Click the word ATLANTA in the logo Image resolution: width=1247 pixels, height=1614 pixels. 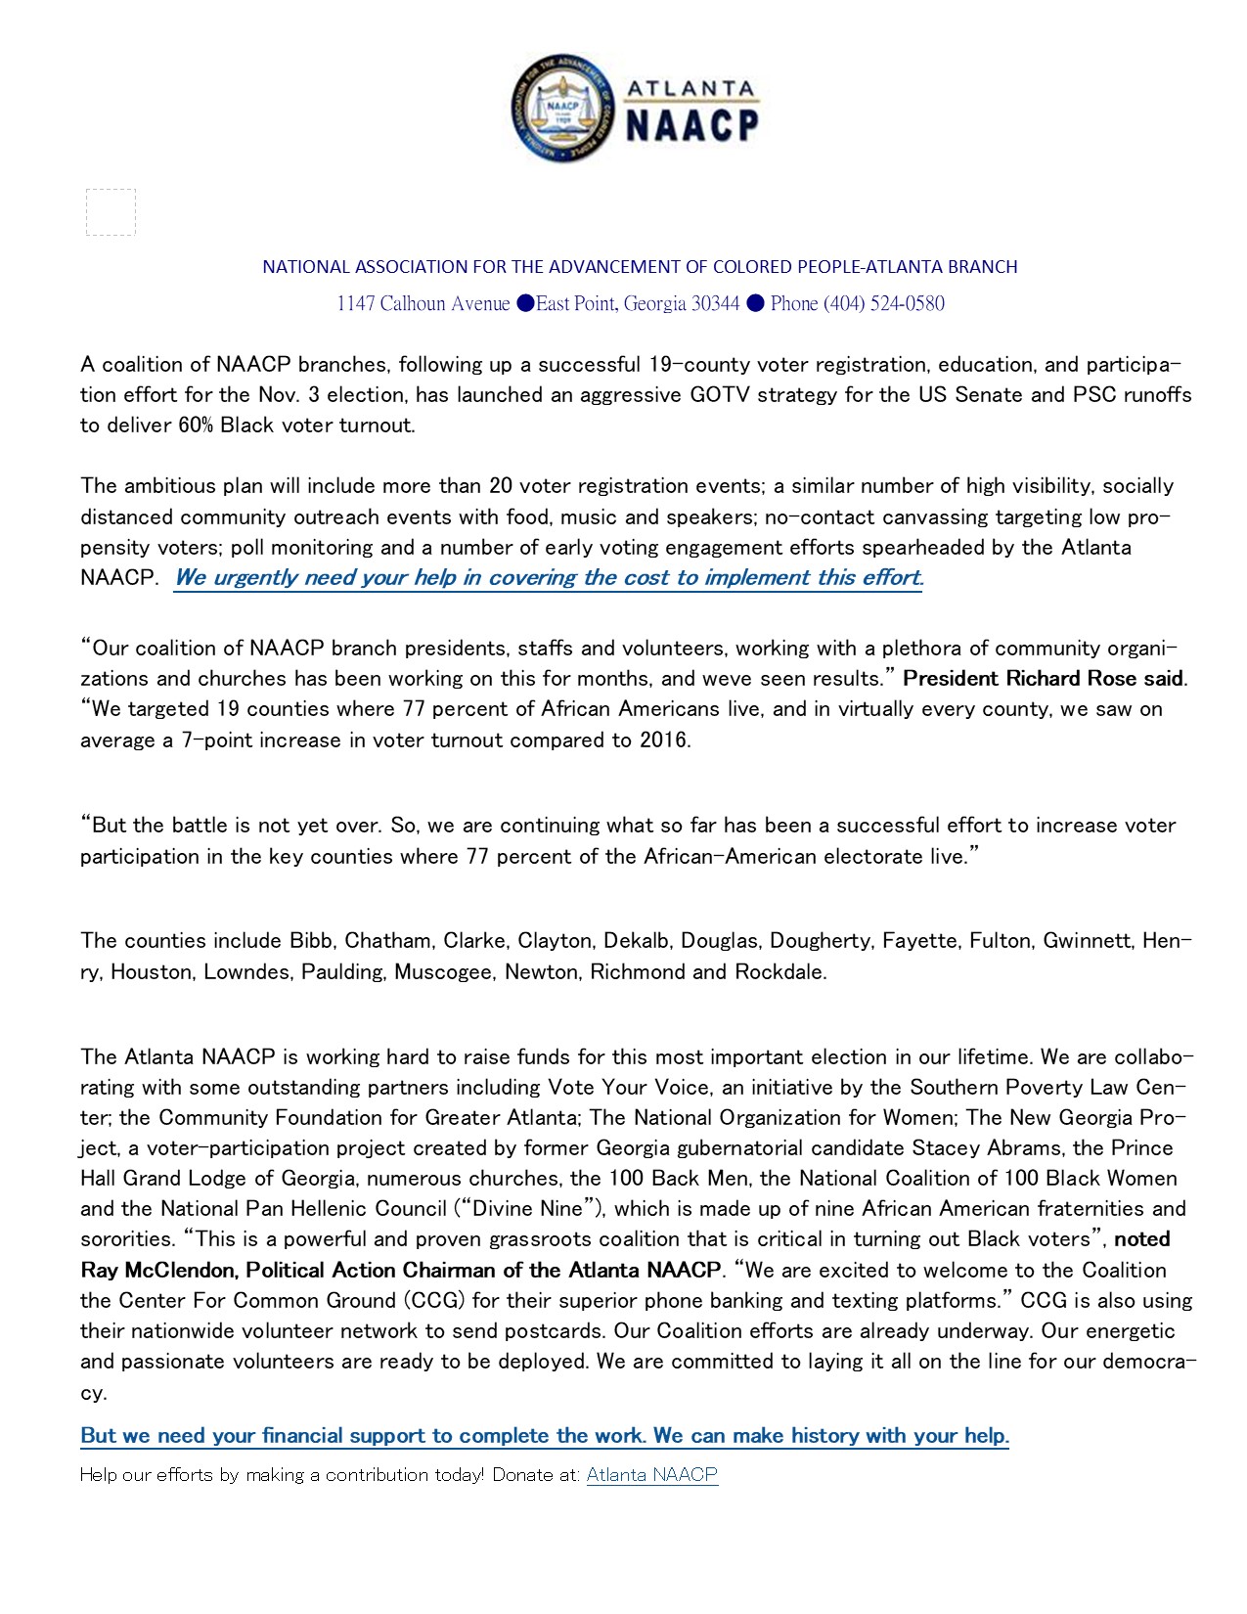(x=691, y=89)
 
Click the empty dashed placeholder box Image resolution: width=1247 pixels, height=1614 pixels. (x=111, y=212)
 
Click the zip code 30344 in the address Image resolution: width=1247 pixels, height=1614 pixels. (x=715, y=303)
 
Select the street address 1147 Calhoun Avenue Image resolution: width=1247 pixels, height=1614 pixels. (x=423, y=303)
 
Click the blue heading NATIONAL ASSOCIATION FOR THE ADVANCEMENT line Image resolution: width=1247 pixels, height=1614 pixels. (x=640, y=266)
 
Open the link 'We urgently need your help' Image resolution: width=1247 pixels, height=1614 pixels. (x=548, y=577)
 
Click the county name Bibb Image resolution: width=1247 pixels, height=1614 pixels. (x=310, y=941)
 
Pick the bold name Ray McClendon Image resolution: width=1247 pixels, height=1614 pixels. (x=158, y=1271)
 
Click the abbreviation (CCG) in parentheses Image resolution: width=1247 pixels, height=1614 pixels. (x=431, y=1301)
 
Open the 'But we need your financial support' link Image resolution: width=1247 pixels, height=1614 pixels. (x=544, y=1435)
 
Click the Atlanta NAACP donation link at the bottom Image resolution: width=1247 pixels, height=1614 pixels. (x=651, y=1475)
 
